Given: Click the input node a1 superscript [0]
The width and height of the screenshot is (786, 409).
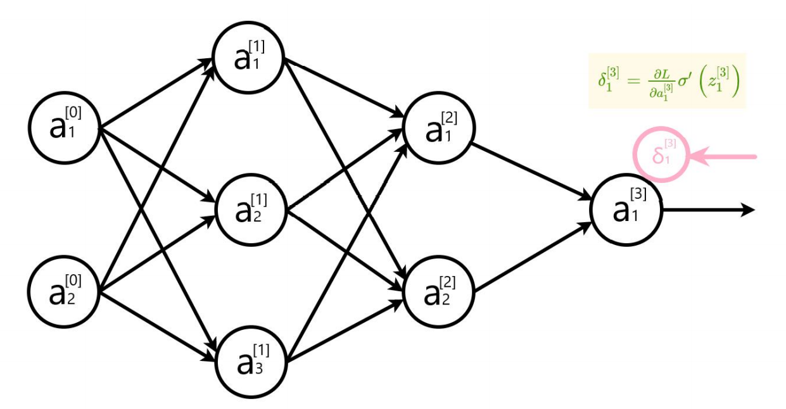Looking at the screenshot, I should [x=65, y=125].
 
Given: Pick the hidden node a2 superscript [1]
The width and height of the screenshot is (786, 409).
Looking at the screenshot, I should [x=251, y=209].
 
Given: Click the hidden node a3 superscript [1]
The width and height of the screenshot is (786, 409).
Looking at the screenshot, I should [x=251, y=362].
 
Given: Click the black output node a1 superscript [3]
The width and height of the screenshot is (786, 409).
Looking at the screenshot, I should [x=626, y=210].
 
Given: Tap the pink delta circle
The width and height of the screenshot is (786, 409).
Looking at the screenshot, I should [x=661, y=155].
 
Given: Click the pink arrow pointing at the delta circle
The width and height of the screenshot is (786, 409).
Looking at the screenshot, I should [x=728, y=156].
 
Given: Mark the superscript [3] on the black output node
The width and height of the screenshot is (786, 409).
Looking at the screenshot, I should [x=638, y=195].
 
